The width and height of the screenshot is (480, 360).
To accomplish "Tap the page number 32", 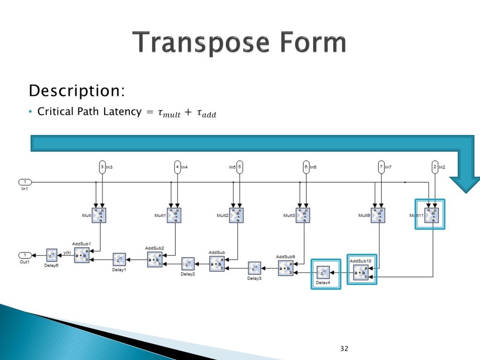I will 345,348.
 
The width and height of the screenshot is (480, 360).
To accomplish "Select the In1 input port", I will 25,182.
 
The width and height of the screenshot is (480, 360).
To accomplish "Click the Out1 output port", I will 25,255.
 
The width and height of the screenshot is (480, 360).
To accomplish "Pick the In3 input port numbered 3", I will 103,167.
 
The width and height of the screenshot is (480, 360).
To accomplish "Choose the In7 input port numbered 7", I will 381,167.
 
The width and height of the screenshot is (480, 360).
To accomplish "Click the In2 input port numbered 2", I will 435,167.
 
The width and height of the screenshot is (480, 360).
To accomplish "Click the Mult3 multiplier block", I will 302,215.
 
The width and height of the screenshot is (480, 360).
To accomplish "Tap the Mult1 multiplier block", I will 174,215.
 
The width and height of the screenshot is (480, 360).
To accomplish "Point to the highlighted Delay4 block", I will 323,272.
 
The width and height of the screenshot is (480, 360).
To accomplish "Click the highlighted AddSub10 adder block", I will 361,271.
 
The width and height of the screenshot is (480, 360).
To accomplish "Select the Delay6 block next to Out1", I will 52,255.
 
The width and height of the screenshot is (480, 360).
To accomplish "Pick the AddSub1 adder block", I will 82,255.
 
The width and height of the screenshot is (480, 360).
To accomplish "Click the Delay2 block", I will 188,263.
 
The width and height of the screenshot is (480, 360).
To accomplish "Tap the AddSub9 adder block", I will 285,268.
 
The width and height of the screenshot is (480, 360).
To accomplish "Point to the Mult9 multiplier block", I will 378,215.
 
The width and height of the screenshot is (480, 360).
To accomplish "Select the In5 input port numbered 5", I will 240,167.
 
